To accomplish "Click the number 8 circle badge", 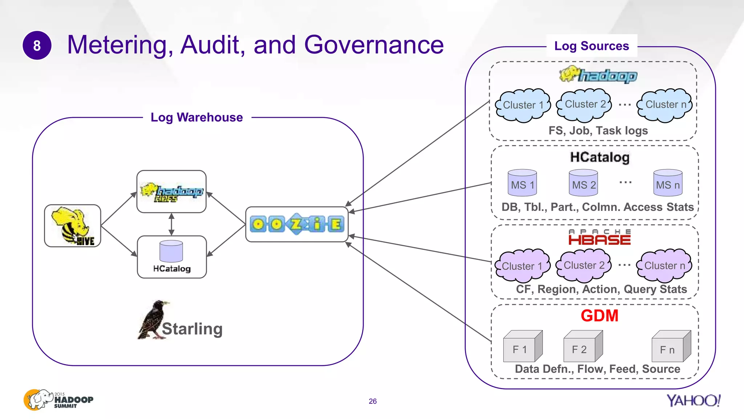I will point(37,45).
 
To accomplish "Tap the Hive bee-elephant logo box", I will point(73,226).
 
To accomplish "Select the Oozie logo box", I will point(297,224).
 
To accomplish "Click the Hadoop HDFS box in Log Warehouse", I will point(171,192).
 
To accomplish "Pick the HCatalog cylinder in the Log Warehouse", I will point(171,251).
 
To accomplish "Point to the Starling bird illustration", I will point(153,320).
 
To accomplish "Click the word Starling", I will point(192,329).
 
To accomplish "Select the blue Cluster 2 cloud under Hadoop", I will point(585,105).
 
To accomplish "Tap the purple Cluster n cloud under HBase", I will point(664,266).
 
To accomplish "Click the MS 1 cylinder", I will point(522,183).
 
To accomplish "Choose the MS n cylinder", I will point(667,183).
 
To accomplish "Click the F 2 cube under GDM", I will point(582,347).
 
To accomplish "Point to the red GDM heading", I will point(599,315).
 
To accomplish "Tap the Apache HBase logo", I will point(599,238).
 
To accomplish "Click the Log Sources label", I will point(591,46).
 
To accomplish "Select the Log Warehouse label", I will point(197,117).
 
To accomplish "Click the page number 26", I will point(372,401).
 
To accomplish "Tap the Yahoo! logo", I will point(693,400).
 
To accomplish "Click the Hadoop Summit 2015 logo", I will point(58,400).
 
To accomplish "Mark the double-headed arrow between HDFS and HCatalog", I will point(171,224).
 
